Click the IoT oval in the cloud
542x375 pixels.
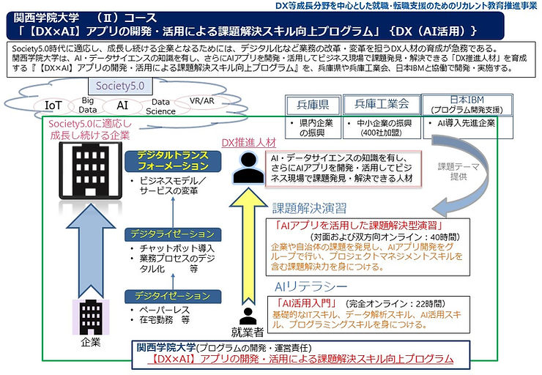point(53,104)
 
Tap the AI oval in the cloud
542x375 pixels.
point(122,105)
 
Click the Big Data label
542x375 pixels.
point(89,104)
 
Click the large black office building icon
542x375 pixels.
point(86,163)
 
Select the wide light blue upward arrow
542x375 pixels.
point(86,242)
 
